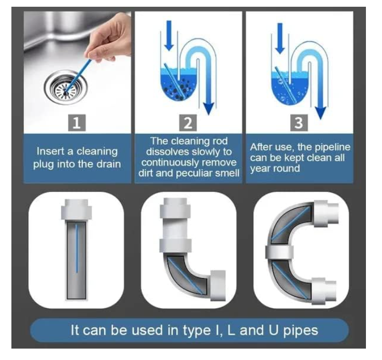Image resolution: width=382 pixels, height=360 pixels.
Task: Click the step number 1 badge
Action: pyautogui.click(x=77, y=122)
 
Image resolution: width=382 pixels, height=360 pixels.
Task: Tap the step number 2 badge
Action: pyautogui.click(x=188, y=122)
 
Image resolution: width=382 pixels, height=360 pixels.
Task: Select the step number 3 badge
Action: pyautogui.click(x=299, y=122)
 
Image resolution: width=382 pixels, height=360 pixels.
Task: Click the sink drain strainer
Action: pyautogui.click(x=66, y=88)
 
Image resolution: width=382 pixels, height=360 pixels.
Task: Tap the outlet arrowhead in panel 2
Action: pyautogui.click(x=208, y=108)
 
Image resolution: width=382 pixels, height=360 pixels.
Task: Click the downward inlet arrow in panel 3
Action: pyautogui.click(x=280, y=38)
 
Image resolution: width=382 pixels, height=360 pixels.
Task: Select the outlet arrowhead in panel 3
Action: pyautogui.click(x=320, y=113)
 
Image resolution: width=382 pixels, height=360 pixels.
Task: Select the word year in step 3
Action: pyautogui.click(x=260, y=169)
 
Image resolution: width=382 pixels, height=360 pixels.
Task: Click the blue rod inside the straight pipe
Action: pyautogui.click(x=77, y=248)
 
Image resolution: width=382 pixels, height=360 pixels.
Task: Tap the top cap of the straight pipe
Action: pyautogui.click(x=77, y=210)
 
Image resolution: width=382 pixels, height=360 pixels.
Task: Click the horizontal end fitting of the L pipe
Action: pyautogui.click(x=218, y=285)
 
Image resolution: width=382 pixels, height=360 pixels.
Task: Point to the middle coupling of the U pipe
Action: pyautogui.click(x=279, y=252)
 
